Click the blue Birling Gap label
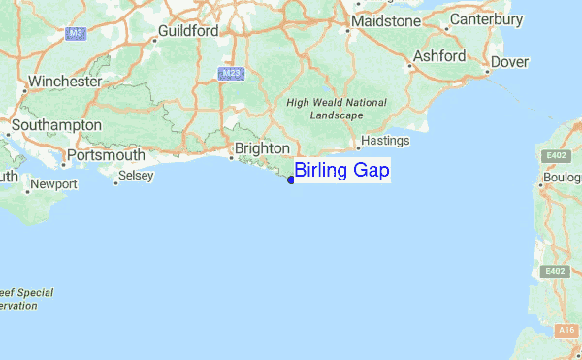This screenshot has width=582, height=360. pos(341,171)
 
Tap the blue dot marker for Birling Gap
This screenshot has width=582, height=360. pos(291,179)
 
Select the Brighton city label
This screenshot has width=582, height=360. pos(263,147)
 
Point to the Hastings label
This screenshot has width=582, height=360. pos(385,141)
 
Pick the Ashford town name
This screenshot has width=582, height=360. pos(439,56)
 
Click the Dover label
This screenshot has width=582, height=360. pos(510,62)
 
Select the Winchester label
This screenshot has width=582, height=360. pos(65,82)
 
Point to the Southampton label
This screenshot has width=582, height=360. pos(56,125)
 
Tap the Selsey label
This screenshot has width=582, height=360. pos(135,177)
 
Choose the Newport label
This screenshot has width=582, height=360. pos(54,183)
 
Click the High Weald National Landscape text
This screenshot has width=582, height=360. pos(337,109)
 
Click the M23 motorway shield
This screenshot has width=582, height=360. pos(229,73)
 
